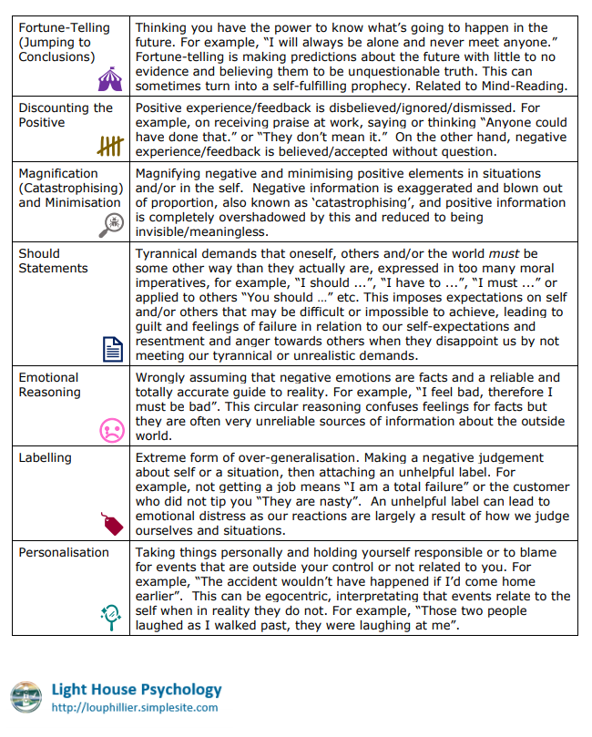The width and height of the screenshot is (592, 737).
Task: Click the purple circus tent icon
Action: pyautogui.click(x=109, y=79)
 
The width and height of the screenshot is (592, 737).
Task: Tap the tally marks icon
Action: pyautogui.click(x=109, y=146)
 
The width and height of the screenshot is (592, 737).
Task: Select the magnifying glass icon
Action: pyautogui.click(x=111, y=223)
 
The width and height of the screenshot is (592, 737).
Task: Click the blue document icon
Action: pyautogui.click(x=111, y=349)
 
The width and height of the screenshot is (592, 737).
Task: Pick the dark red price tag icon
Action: pyautogui.click(x=111, y=523)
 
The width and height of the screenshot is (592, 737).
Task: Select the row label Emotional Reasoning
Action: pyautogui.click(x=49, y=384)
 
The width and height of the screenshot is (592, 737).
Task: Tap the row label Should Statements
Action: pyautogui.click(x=53, y=261)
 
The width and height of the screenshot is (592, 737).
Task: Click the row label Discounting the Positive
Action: pyautogui.click(x=63, y=115)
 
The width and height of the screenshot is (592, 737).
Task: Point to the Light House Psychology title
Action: pyautogui.click(x=137, y=690)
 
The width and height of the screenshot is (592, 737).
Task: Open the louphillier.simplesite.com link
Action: pyautogui.click(x=135, y=707)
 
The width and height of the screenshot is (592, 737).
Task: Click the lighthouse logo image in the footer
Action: pyautogui.click(x=27, y=697)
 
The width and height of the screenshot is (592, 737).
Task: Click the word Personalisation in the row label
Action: pyautogui.click(x=64, y=552)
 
